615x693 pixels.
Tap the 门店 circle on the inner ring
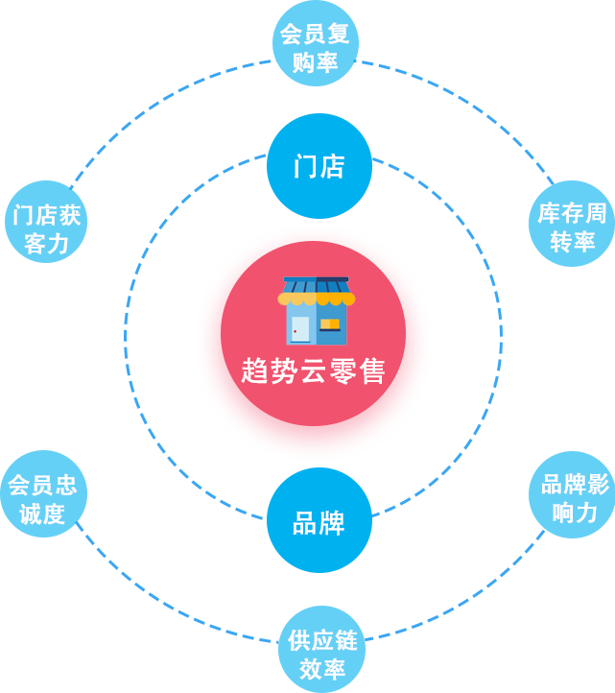(319, 167)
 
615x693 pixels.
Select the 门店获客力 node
(46, 228)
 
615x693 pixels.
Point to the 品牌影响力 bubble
(571, 495)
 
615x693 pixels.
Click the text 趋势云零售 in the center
(314, 370)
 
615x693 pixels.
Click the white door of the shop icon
(301, 327)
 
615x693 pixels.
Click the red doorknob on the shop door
(296, 332)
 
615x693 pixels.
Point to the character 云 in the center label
(313, 370)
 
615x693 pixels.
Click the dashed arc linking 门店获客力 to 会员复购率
(154, 106)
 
